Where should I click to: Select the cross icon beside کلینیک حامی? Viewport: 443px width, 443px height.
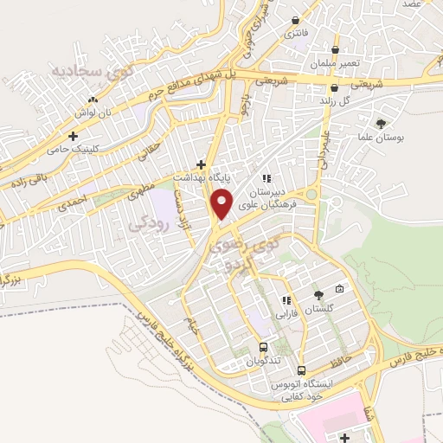[74, 136]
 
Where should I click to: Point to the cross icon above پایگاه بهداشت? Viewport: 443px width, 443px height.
[202, 164]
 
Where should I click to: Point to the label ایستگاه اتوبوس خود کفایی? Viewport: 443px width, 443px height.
[299, 388]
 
